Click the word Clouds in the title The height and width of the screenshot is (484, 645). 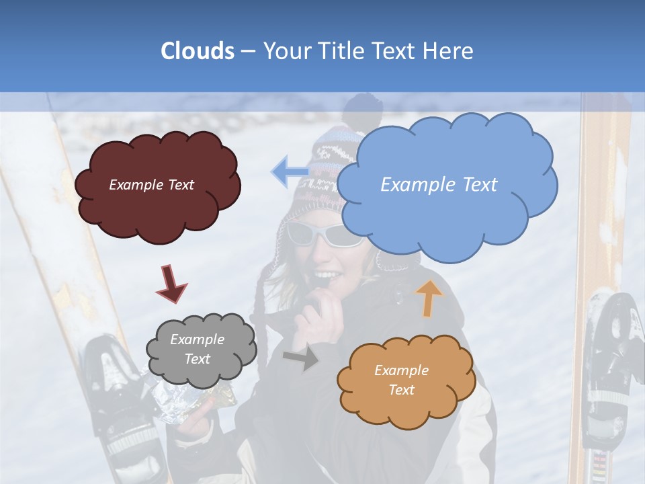tap(197, 51)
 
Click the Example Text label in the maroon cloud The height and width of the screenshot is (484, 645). tap(152, 185)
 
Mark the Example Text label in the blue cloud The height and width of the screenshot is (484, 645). tap(439, 185)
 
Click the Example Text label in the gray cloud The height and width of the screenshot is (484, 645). tap(198, 350)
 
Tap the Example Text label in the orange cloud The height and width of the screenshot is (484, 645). tap(401, 380)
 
